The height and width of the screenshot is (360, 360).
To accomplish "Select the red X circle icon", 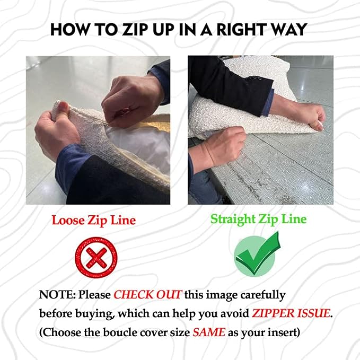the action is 96,257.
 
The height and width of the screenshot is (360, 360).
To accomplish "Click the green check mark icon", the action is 257,254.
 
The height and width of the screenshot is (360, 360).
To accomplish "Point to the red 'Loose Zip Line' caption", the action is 94,220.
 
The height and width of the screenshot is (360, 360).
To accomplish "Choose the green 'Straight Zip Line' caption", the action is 259,219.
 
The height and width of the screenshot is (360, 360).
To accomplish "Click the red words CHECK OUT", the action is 148,295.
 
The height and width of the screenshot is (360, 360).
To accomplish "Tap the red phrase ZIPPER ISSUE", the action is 291,313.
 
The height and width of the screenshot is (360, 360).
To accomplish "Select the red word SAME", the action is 209,332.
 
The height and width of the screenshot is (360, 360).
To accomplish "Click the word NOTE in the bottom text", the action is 57,295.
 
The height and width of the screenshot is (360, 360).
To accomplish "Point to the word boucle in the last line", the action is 121,332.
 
